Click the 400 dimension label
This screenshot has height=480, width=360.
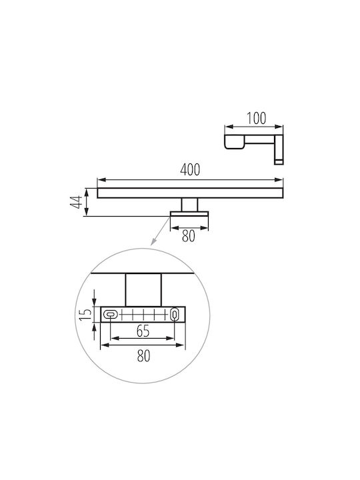pyautogui.click(x=190, y=170)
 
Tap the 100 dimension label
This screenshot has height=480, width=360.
pyautogui.click(x=256, y=119)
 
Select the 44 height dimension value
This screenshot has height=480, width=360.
pyautogui.click(x=76, y=202)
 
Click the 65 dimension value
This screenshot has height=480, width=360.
pyautogui.click(x=143, y=331)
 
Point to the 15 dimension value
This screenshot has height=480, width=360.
pyautogui.click(x=85, y=315)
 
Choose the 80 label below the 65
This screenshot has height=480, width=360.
pyautogui.click(x=143, y=356)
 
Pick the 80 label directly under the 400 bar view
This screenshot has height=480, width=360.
pyautogui.click(x=188, y=236)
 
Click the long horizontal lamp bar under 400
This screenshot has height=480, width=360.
pyautogui.click(x=190, y=193)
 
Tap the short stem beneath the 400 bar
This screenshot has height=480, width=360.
pyautogui.click(x=189, y=205)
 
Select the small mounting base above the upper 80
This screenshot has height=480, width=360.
pyautogui.click(x=189, y=214)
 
